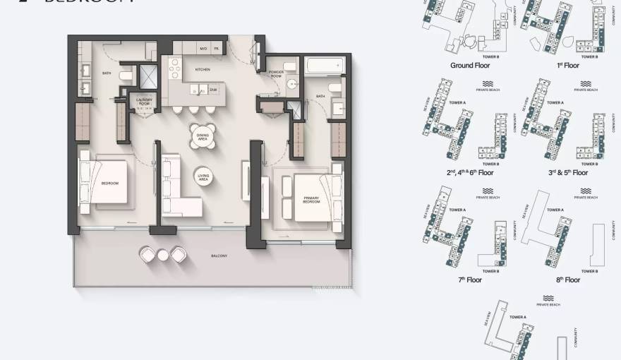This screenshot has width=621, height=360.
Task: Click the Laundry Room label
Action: [145, 102]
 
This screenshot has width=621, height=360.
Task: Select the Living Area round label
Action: [205, 179]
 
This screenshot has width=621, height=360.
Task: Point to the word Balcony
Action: [219, 256]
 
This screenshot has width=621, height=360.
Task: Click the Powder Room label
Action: [276, 73]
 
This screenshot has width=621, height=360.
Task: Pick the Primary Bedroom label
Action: [312, 200]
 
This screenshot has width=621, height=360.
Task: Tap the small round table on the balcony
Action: [163, 255]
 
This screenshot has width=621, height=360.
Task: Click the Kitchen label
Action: [203, 69]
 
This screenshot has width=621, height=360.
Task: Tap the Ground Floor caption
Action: [470, 65]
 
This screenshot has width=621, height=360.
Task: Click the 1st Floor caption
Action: [567, 65]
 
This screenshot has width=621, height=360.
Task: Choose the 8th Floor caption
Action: [567, 280]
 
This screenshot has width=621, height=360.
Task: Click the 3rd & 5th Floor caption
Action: [567, 172]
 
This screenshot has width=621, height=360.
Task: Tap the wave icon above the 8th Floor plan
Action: [585, 191]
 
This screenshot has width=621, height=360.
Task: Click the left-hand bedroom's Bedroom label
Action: [110, 183]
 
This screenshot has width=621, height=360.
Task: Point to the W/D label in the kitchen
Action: [203, 49]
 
